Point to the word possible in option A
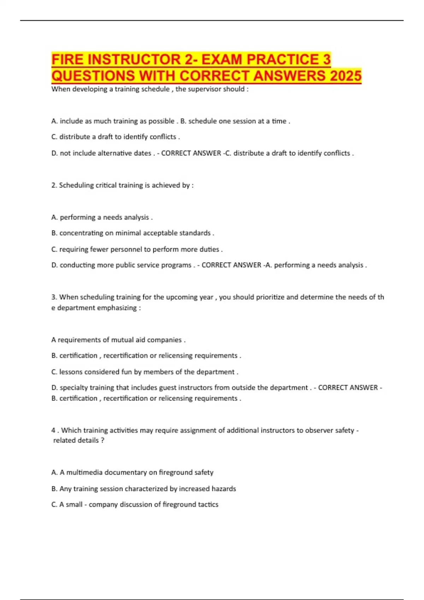[x=161, y=121]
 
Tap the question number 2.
[x=54, y=185]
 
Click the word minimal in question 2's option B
[x=128, y=233]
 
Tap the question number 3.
[x=54, y=297]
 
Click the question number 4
[x=53, y=430]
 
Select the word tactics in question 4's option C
[x=208, y=504]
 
